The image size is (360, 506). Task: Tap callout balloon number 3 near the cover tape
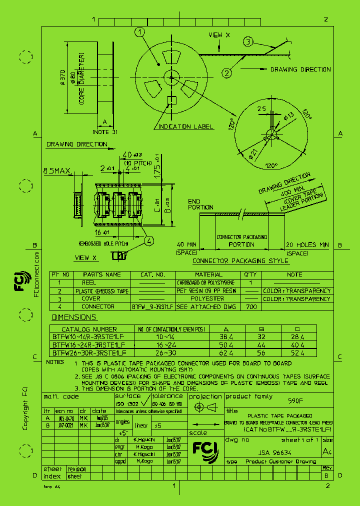click(x=248, y=42)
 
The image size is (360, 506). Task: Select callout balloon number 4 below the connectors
click(x=149, y=240)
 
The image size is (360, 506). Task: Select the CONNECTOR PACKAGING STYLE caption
click(x=240, y=261)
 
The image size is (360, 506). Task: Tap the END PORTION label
click(x=200, y=204)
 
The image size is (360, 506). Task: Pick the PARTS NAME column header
click(x=101, y=274)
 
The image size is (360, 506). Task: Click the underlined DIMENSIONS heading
click(x=74, y=317)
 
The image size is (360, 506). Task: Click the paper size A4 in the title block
click(x=327, y=451)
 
